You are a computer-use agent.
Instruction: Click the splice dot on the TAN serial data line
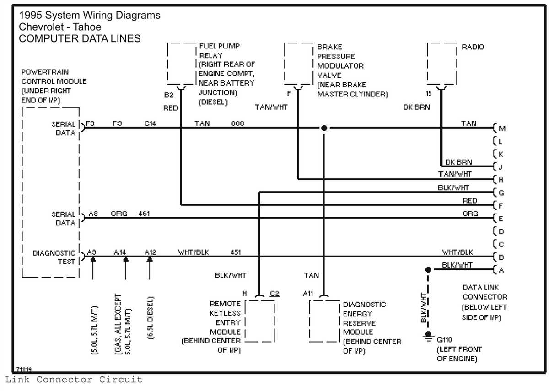coord(324,128)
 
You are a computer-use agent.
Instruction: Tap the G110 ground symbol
coord(428,338)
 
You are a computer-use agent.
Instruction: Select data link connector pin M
coord(501,129)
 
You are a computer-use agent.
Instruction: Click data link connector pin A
coord(501,270)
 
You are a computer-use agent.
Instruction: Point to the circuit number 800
coord(237,123)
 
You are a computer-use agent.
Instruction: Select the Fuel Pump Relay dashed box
coord(182,64)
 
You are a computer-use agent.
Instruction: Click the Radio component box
coord(441,64)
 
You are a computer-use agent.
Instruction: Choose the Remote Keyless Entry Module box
coord(259,321)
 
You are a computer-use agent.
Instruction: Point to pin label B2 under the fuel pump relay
coord(169,96)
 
